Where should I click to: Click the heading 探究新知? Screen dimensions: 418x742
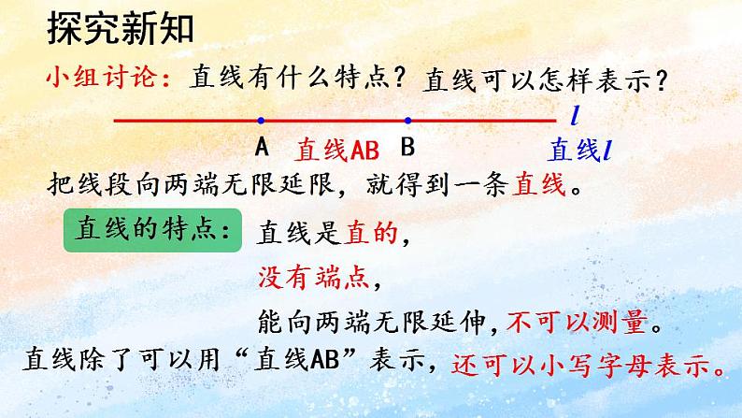click(119, 30)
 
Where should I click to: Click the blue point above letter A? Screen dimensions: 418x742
click(261, 120)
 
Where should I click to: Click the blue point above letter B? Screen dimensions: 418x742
click(407, 120)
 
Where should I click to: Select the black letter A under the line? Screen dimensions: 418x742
click(261, 148)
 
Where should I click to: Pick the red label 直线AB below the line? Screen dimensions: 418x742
click(335, 151)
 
